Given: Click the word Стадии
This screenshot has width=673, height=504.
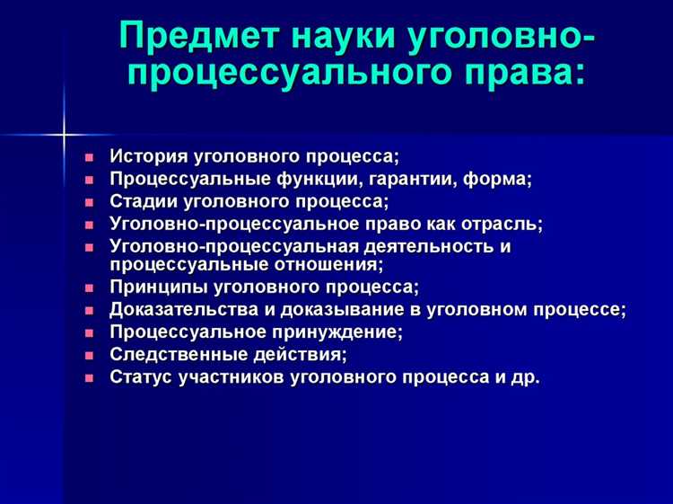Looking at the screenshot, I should (142, 201).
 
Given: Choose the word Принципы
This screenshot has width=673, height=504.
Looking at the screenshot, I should (158, 287).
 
